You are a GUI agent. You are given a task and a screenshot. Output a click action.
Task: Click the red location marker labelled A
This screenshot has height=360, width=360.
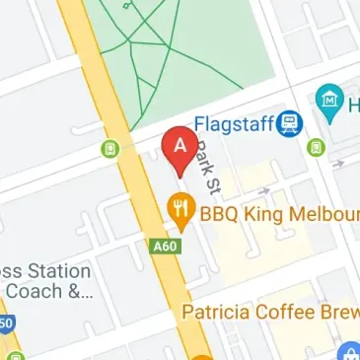click(x=180, y=150)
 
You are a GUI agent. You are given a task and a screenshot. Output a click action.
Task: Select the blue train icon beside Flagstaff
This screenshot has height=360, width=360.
click(x=289, y=123)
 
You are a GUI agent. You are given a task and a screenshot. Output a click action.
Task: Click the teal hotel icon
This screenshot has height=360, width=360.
click(x=328, y=100)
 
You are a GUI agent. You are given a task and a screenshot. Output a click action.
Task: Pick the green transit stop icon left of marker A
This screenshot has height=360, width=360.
click(x=111, y=149)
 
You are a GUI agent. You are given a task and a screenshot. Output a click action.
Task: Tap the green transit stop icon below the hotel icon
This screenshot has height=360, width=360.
click(x=315, y=148)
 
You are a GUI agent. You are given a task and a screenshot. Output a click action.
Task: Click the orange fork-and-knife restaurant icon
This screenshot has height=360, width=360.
click(x=180, y=208)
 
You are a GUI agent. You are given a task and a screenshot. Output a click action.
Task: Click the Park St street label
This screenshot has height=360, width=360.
click(x=204, y=166)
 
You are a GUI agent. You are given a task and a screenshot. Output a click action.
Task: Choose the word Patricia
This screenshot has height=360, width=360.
click(x=219, y=314)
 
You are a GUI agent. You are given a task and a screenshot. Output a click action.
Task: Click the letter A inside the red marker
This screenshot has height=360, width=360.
click(x=180, y=145)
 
